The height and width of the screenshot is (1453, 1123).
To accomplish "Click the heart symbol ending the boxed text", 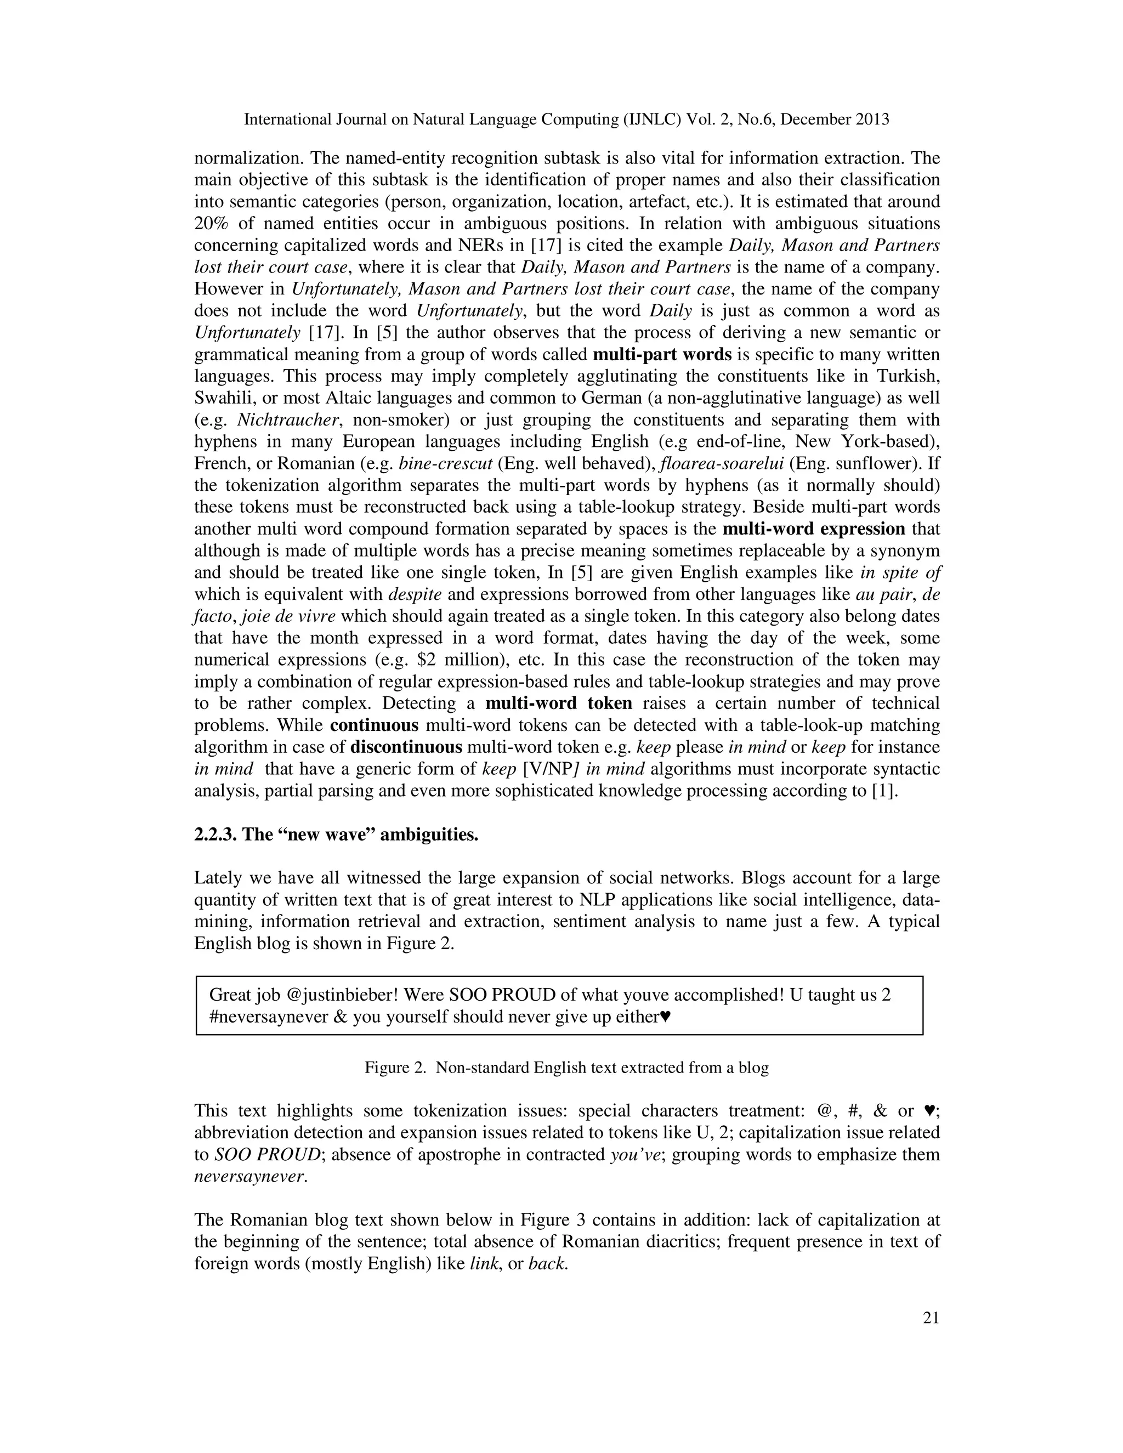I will pos(665,1017).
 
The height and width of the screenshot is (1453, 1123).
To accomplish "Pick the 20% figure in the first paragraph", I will pos(212,224).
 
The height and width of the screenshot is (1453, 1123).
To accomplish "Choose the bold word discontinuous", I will pos(406,747).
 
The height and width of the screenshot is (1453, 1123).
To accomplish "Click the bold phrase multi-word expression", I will pos(813,529).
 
